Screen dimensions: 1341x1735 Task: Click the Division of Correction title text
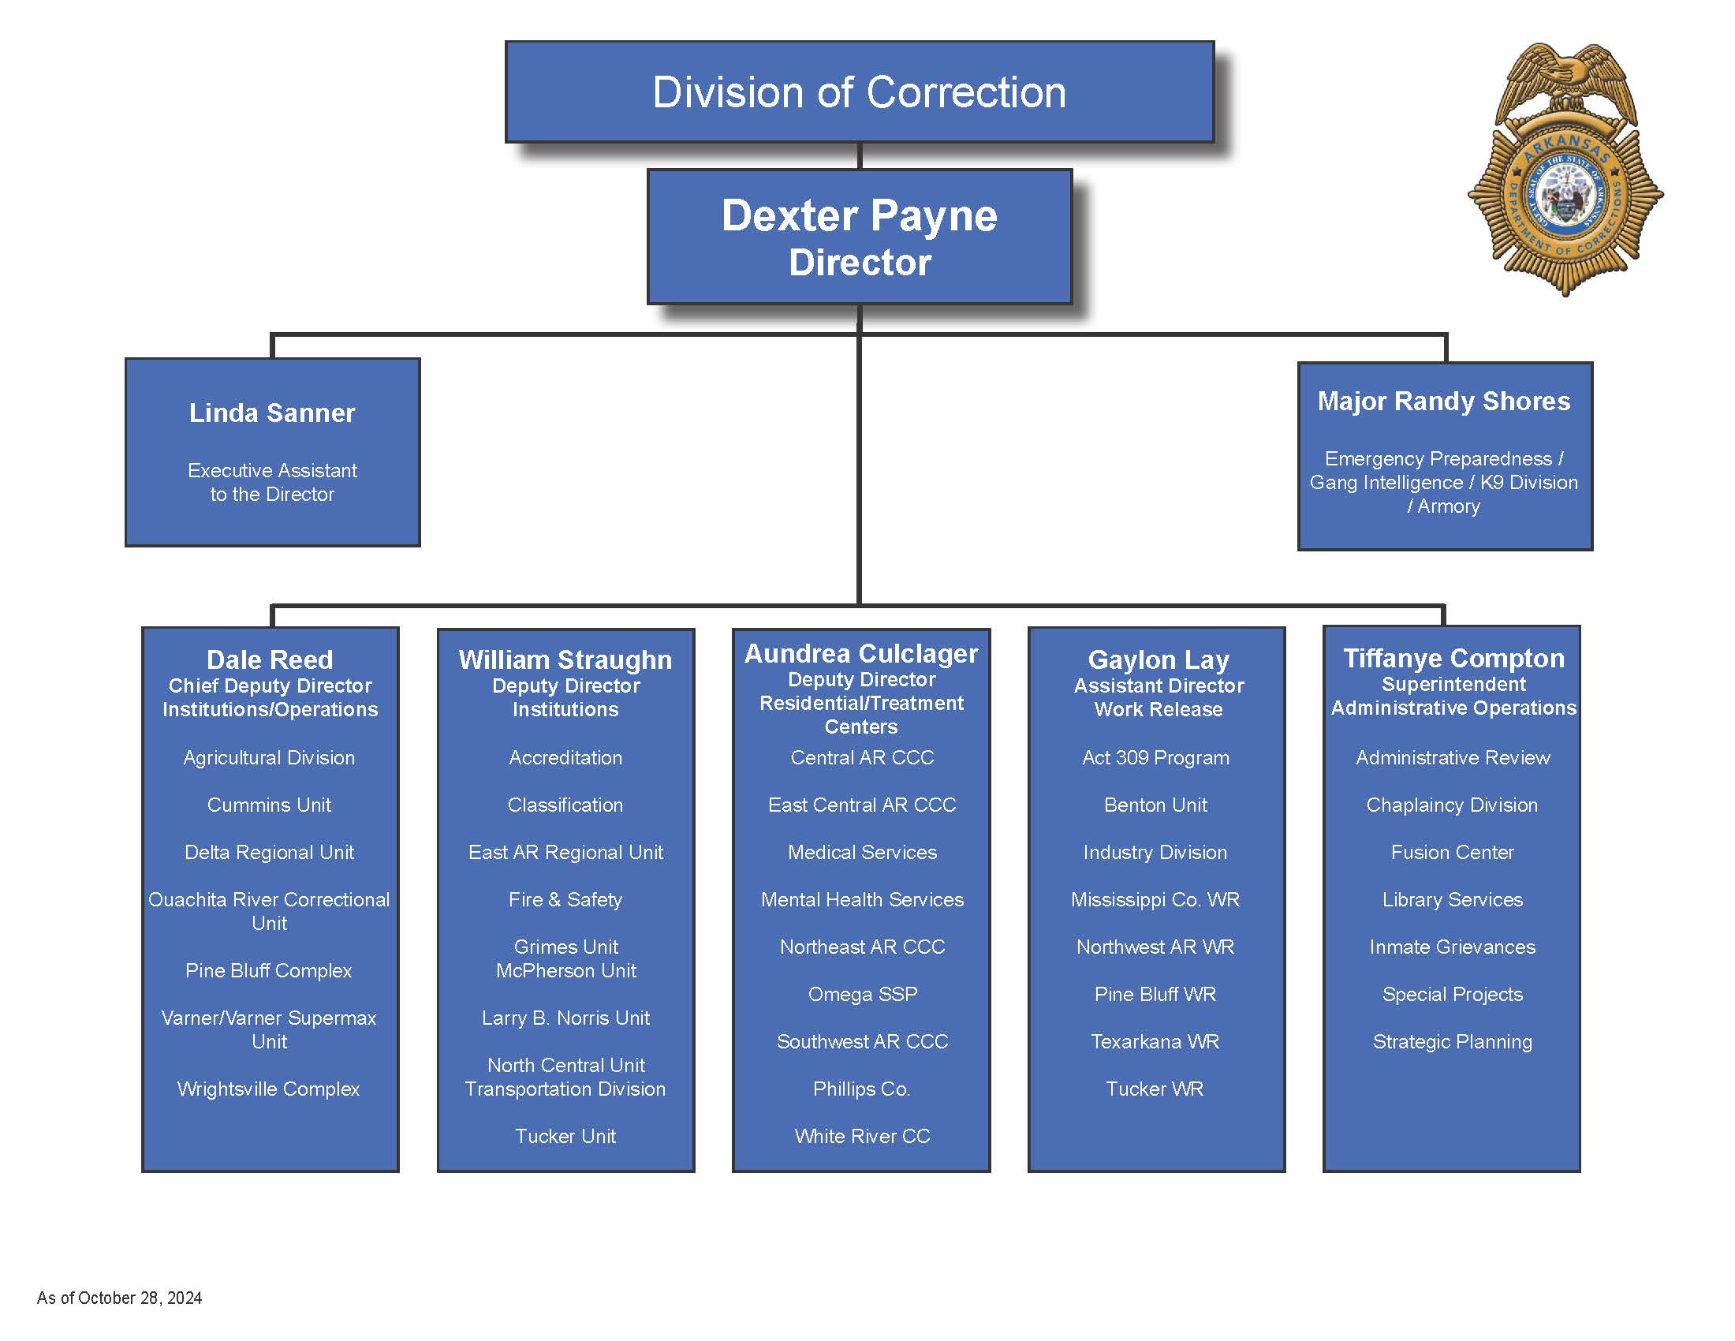(x=859, y=92)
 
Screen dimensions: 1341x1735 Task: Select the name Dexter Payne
(x=859, y=215)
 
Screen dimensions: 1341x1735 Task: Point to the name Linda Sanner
(x=272, y=413)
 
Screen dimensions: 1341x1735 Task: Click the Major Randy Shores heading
(x=1443, y=402)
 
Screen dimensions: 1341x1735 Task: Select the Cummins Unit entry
(x=268, y=805)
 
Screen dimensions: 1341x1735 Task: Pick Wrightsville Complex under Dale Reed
(x=268, y=1089)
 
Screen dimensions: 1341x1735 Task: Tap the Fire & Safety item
(x=565, y=899)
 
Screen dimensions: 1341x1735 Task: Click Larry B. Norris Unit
(x=565, y=1018)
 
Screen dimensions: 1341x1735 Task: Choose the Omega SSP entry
(x=862, y=994)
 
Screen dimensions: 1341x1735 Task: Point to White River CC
(x=862, y=1136)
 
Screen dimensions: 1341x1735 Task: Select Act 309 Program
(x=1155, y=758)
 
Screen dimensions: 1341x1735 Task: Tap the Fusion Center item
(x=1452, y=853)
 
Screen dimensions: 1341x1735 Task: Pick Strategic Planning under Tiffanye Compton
(x=1452, y=1041)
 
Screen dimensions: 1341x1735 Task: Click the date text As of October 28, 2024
(x=119, y=1298)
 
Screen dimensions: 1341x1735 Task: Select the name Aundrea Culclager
(x=861, y=654)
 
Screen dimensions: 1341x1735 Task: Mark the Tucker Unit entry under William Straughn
(x=565, y=1136)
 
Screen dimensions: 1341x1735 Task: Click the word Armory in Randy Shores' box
(x=1448, y=506)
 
